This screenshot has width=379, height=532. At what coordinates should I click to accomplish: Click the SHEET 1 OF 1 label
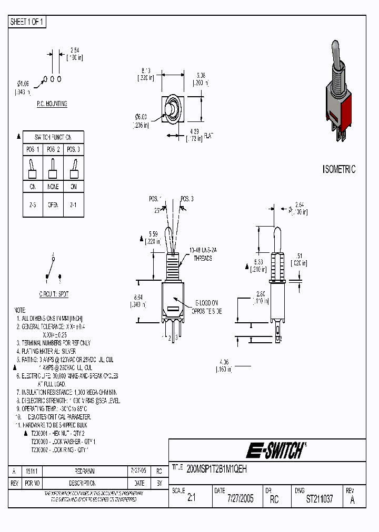[28, 22]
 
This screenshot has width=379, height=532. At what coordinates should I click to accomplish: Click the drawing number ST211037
[320, 499]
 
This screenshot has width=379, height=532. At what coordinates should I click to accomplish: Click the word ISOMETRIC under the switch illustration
[338, 169]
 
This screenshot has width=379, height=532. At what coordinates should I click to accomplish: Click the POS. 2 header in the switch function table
[54, 150]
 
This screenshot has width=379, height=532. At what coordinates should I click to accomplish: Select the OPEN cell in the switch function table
[54, 205]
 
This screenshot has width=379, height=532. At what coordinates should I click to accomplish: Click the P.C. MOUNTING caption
[52, 104]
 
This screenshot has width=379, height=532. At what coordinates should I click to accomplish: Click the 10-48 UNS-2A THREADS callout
[202, 255]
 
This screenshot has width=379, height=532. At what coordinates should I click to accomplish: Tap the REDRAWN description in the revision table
[84, 471]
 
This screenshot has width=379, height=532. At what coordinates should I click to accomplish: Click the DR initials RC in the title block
[274, 499]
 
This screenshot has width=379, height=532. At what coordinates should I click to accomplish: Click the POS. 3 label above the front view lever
[187, 199]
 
